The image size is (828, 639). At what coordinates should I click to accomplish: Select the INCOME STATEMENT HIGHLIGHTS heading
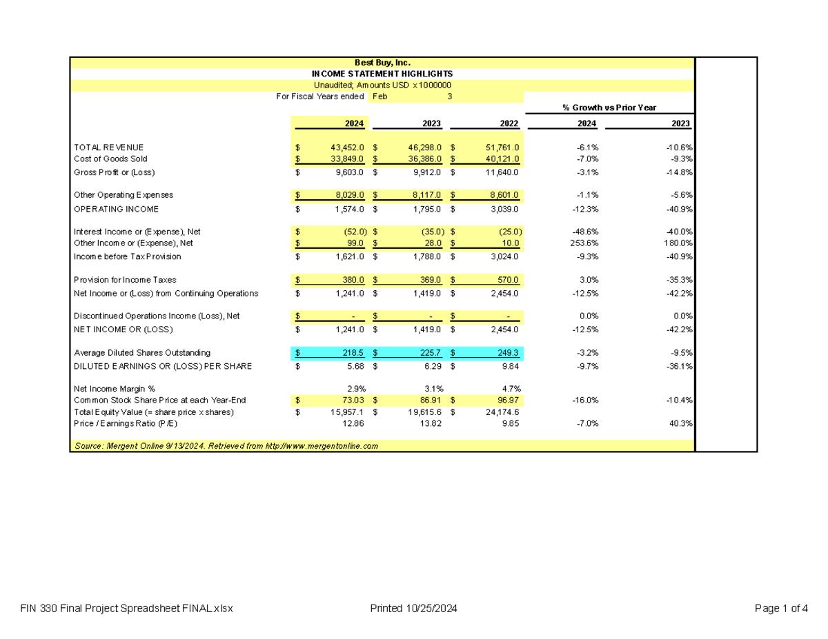pos(382,74)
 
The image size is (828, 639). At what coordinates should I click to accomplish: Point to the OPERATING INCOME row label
pos(116,209)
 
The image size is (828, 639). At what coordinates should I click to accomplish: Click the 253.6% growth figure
pos(585,243)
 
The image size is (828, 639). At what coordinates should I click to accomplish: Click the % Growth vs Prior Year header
pos(609,108)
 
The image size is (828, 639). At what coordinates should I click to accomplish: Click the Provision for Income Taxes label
pos(125,280)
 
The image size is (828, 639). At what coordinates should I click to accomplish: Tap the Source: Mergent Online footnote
pos(226,446)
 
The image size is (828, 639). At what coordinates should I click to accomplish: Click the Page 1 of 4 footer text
pos(781,609)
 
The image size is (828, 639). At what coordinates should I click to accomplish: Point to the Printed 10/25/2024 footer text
pos(413,609)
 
